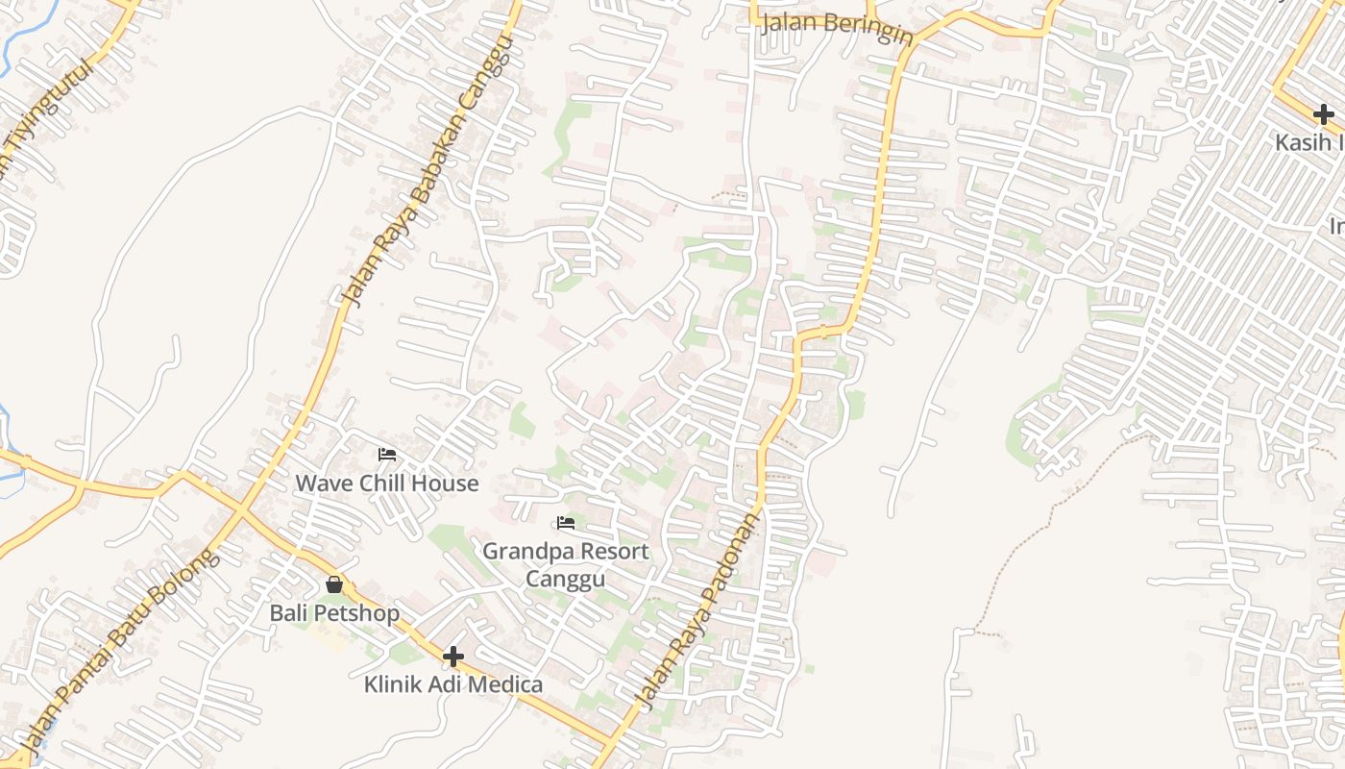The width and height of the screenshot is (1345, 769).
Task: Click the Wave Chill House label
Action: [x=386, y=483]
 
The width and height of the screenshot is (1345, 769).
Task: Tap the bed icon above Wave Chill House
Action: [x=387, y=454]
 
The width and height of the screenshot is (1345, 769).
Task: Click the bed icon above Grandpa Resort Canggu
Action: [x=566, y=523]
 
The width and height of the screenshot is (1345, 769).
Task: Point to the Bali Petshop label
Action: [x=334, y=612]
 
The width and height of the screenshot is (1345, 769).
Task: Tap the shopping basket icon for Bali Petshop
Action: [x=334, y=584]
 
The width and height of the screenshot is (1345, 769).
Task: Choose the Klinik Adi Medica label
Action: [x=452, y=684]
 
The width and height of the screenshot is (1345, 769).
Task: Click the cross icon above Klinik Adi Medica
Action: [x=453, y=657]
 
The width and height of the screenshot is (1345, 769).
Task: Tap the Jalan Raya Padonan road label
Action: [x=697, y=611]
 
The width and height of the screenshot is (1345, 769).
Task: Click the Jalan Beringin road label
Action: [x=836, y=27]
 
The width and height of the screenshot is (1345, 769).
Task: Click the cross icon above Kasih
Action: [x=1324, y=115]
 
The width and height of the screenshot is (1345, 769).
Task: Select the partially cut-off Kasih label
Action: [x=1309, y=142]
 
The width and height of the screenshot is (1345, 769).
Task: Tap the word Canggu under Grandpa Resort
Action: [x=565, y=579]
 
